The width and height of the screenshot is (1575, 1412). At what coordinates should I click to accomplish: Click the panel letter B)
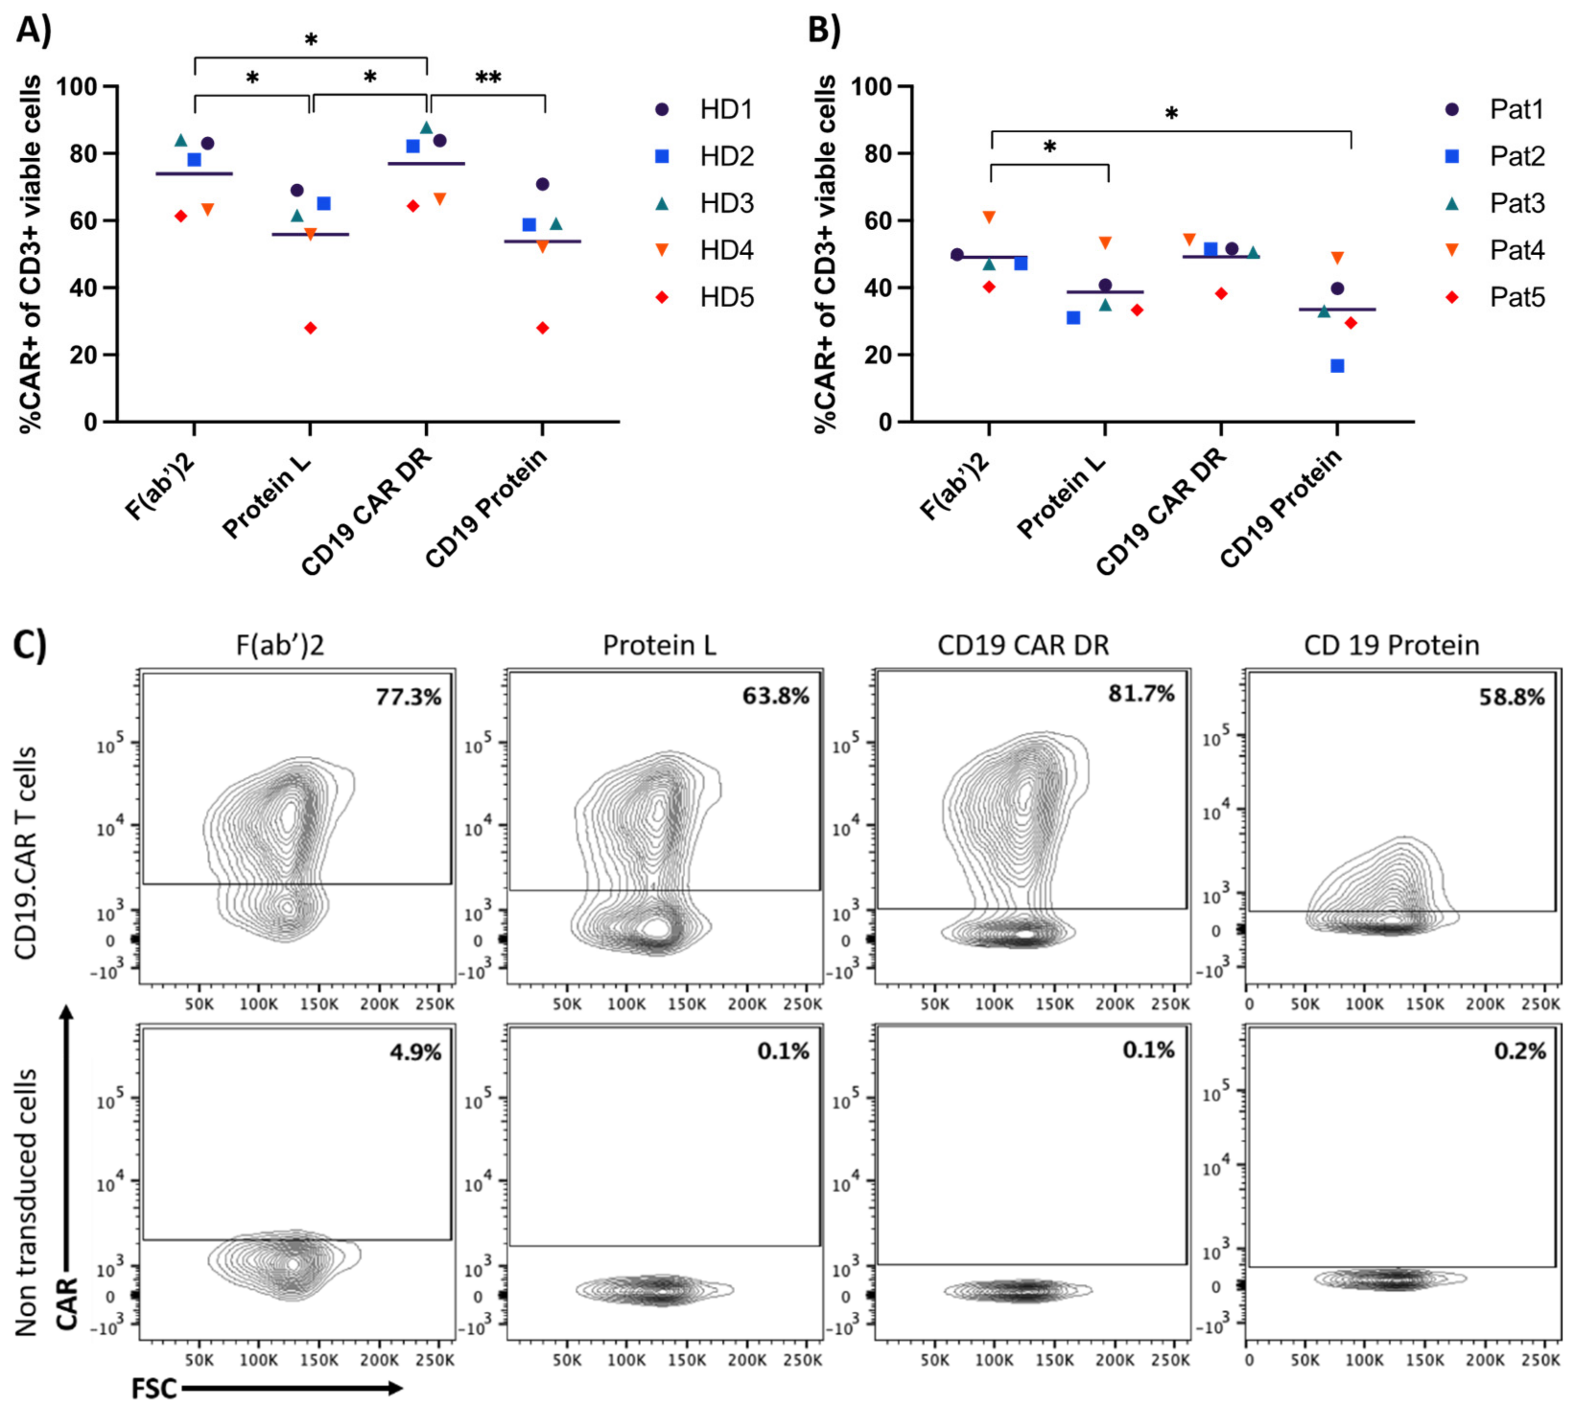[x=824, y=31]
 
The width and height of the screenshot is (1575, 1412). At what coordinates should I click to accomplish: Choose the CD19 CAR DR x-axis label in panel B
[x=1162, y=512]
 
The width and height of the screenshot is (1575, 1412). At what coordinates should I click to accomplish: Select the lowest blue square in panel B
[x=1337, y=366]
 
